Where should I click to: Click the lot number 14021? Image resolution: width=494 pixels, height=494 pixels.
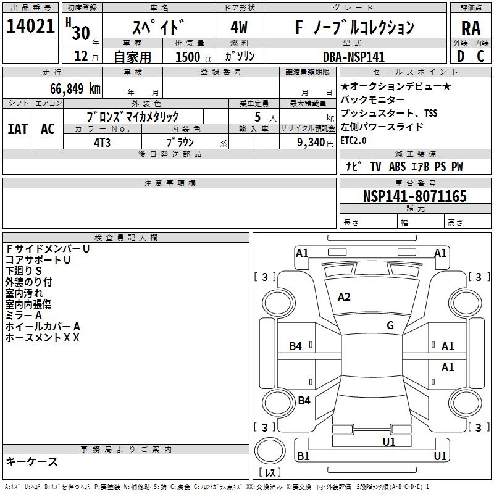tap(30, 26)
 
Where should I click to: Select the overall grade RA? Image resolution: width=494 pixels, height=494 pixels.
tap(471, 28)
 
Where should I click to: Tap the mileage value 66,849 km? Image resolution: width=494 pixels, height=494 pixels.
tap(75, 89)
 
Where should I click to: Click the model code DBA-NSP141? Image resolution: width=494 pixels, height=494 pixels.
tap(354, 57)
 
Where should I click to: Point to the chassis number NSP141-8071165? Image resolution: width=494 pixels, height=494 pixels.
tap(414, 196)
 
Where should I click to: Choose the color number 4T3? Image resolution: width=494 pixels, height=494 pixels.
tap(102, 143)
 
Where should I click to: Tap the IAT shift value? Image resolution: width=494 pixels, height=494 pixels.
tap(17, 129)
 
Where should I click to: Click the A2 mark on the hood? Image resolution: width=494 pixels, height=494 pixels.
tap(344, 297)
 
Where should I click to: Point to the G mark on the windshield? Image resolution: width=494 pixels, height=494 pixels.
tap(390, 325)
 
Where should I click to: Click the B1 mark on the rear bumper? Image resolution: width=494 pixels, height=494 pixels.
tap(303, 456)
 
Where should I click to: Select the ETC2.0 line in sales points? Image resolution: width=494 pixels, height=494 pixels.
tap(353, 141)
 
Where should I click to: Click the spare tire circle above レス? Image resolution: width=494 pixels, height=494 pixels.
tap(270, 451)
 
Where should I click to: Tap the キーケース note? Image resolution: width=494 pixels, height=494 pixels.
tap(31, 461)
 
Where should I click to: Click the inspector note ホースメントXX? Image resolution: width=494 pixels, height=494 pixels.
tap(43, 338)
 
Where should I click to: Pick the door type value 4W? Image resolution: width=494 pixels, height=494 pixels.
tap(239, 27)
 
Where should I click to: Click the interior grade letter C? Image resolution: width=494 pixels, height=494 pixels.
tap(480, 56)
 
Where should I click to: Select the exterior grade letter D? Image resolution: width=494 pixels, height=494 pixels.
tap(461, 56)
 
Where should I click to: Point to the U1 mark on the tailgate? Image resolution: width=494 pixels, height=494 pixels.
tap(389, 442)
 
